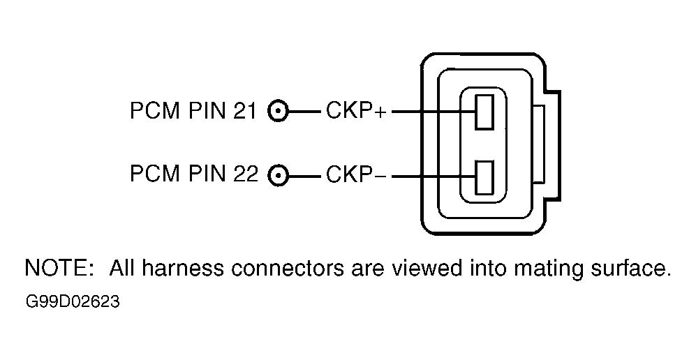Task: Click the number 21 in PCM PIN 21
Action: coord(244,110)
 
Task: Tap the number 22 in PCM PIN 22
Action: coord(245,174)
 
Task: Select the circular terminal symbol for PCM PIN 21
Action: coord(279,112)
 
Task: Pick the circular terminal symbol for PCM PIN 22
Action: coord(279,177)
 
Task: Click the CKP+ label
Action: coord(357,110)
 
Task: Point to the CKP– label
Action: coord(357,174)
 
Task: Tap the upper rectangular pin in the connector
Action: coord(484,112)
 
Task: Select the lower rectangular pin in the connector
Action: coord(484,177)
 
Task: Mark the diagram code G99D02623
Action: coord(73,302)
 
